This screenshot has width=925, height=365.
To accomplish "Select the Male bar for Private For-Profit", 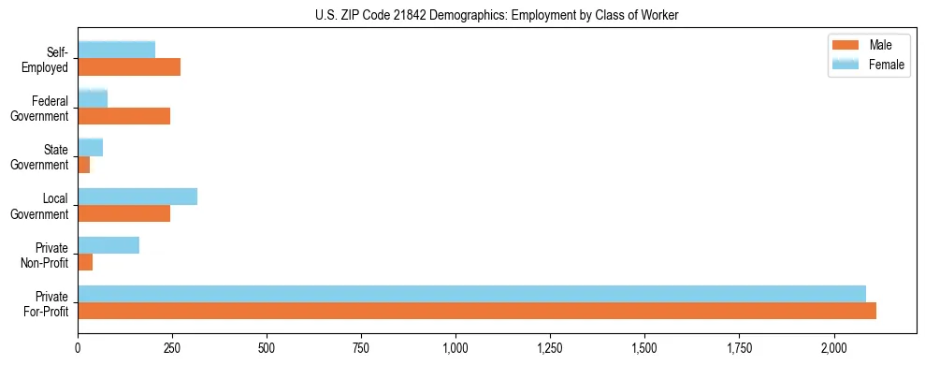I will pyautogui.click(x=477, y=311).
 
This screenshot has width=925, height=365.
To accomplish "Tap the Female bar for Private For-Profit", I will pyautogui.click(x=471, y=293).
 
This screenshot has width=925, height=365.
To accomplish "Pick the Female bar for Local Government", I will pyautogui.click(x=137, y=196).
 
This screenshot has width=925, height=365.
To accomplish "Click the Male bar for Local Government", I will pyautogui.click(x=123, y=213).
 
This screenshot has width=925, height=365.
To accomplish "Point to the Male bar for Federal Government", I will pyautogui.click(x=123, y=116).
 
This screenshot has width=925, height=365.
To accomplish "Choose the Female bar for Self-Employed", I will pyautogui.click(x=116, y=50).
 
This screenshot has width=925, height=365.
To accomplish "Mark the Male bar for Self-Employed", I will pyautogui.click(x=129, y=67).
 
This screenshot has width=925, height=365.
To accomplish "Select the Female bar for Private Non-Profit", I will pyautogui.click(x=108, y=244).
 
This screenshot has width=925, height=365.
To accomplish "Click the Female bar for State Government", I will pyautogui.click(x=90, y=147).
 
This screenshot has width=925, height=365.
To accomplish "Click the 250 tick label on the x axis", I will pyautogui.click(x=172, y=348).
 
